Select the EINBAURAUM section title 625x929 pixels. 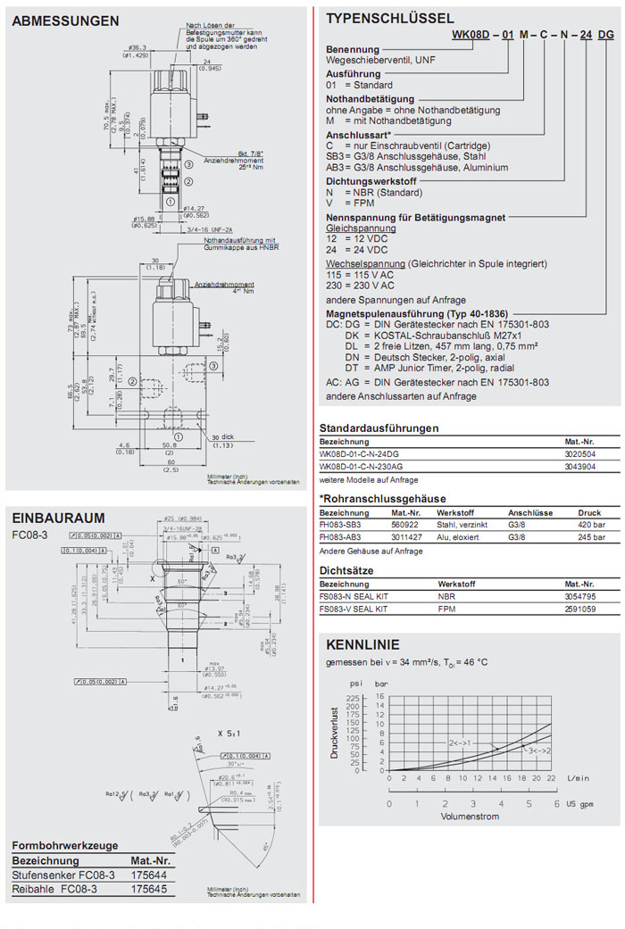[58, 518]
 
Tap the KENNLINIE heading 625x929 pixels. [362, 644]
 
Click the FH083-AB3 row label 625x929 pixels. [342, 538]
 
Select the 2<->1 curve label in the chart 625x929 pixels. [460, 742]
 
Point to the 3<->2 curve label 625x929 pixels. [539, 750]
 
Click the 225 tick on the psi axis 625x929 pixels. [353, 697]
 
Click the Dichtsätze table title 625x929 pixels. [346, 569]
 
